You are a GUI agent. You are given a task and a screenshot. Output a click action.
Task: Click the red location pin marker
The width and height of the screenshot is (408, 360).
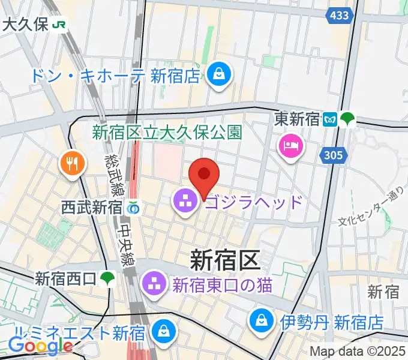coord(203,175)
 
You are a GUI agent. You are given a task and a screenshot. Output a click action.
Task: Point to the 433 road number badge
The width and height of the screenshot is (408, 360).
coord(339,16)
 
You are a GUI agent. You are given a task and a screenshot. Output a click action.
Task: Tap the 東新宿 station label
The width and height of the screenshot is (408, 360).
coord(296,119)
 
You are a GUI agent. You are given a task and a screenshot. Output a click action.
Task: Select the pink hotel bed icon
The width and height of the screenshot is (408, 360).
coord(291,146)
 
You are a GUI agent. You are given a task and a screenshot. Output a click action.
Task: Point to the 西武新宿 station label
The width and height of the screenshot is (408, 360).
coord(92,208)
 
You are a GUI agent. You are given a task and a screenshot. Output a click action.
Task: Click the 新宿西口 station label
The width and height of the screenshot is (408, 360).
coord(65,278)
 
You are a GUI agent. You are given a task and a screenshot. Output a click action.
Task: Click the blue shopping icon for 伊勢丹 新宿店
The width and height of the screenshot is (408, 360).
coord(263,320)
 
